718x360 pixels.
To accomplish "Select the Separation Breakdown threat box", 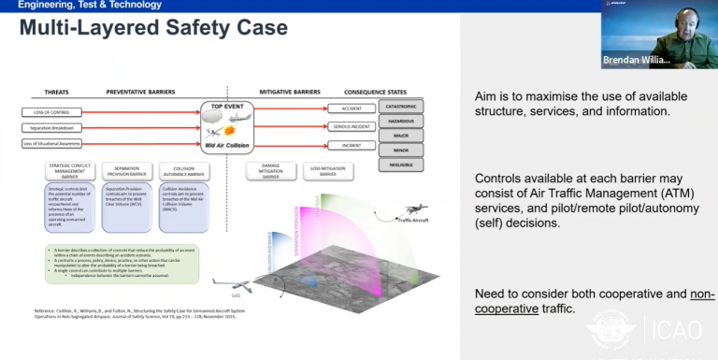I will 50,128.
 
